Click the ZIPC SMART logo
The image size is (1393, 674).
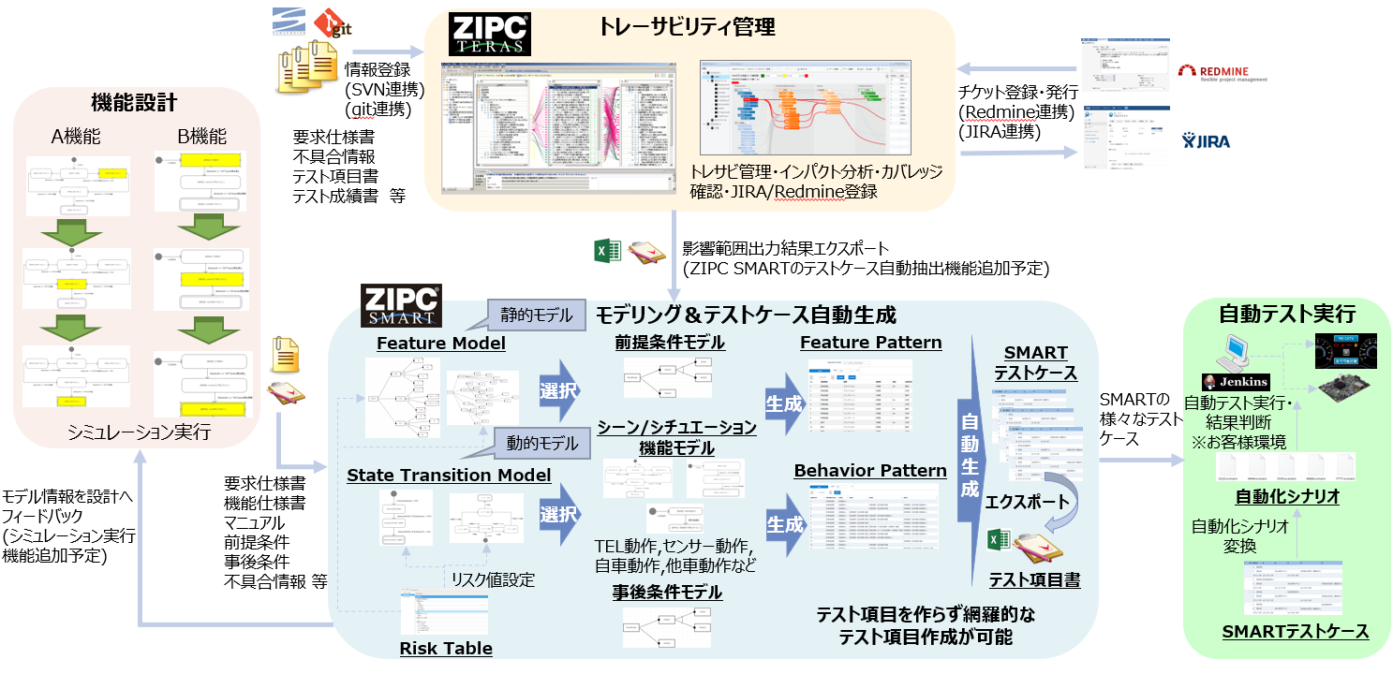click(401, 305)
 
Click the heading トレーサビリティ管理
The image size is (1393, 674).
click(687, 27)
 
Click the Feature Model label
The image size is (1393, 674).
click(440, 344)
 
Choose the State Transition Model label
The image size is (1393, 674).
click(449, 476)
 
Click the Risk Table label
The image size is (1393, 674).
click(446, 649)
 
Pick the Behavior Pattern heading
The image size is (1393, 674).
click(870, 470)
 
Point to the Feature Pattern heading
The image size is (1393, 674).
click(870, 343)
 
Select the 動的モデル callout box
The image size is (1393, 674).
click(537, 442)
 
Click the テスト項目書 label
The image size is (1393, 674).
click(1035, 580)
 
